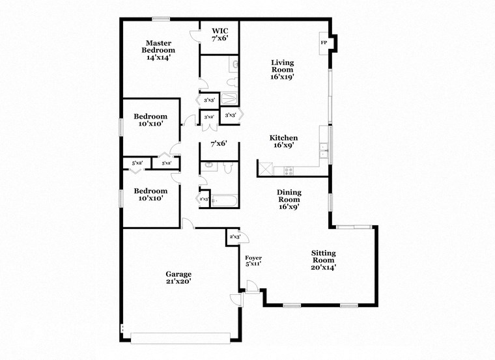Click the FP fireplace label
[323, 43]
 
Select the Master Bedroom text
[159, 46]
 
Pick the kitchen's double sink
[322, 151]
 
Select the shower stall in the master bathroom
[230, 99]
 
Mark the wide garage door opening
[180, 338]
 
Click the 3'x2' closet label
[209, 117]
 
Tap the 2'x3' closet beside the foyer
[234, 237]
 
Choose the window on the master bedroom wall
[161, 18]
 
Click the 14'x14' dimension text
[159, 57]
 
